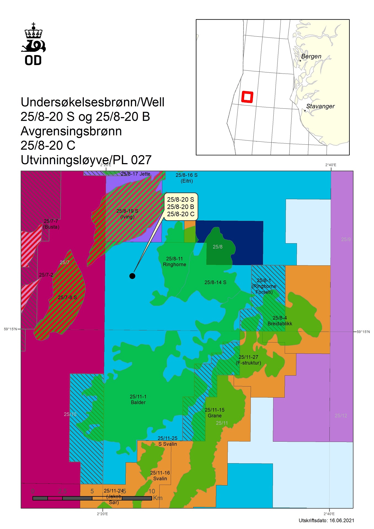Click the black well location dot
(x=132, y=276)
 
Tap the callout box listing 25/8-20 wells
(x=181, y=207)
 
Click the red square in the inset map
(x=247, y=97)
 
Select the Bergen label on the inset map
(x=311, y=56)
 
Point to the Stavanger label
(x=320, y=106)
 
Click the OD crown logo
(x=33, y=44)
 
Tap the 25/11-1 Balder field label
(x=138, y=400)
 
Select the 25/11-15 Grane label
(x=215, y=413)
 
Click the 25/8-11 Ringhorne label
(x=174, y=261)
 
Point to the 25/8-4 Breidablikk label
(x=280, y=321)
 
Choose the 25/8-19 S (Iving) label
(x=127, y=214)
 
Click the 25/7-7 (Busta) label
(x=51, y=224)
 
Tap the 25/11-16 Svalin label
(x=160, y=476)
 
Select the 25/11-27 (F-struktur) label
(x=248, y=360)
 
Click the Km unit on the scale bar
(x=158, y=498)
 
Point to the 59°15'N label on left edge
(x=10, y=329)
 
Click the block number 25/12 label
(x=341, y=415)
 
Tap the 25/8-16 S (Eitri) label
(x=187, y=178)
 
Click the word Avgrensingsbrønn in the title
(x=71, y=131)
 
